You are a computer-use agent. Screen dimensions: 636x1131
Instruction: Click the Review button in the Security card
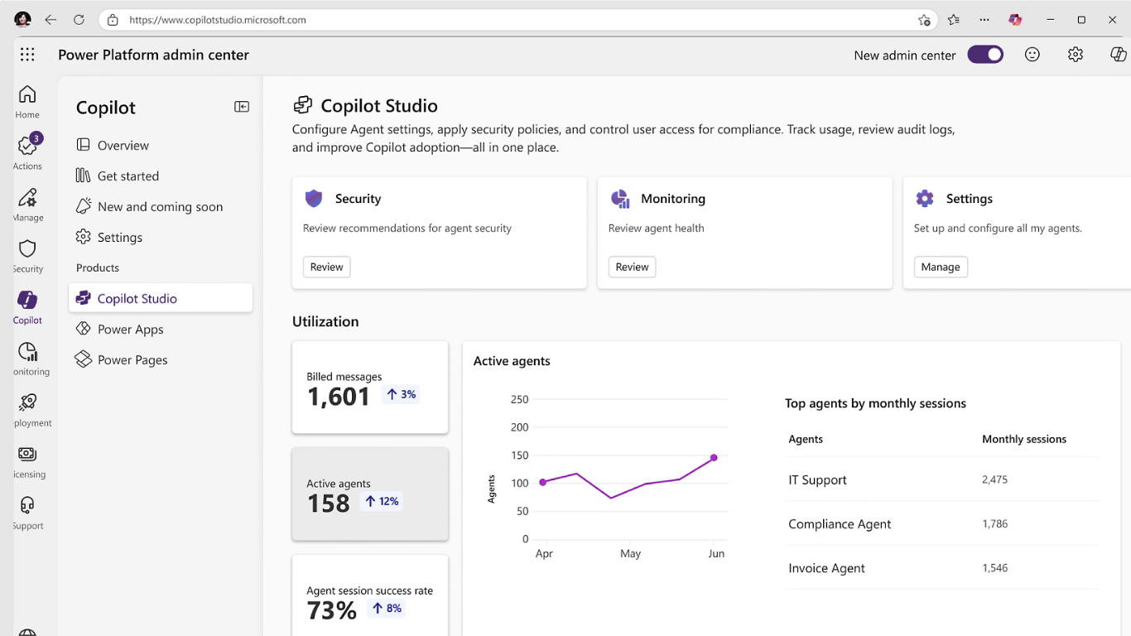326,267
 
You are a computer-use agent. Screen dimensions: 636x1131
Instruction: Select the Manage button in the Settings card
941,267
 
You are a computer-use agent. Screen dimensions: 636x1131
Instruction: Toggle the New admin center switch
985,55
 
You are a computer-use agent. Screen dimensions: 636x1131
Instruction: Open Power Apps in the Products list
130,329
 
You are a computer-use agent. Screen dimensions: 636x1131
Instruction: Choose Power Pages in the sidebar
132,359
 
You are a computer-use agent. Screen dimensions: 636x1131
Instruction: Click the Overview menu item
123,145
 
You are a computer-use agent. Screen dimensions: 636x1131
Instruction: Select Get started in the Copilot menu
128,176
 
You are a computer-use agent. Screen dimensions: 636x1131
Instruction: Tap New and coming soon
160,206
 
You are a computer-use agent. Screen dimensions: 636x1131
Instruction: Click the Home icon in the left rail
27,94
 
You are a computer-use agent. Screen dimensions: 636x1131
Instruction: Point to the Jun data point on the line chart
714,457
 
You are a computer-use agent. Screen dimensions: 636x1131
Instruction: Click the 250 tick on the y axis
519,399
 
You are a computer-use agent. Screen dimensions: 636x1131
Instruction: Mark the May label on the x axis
630,553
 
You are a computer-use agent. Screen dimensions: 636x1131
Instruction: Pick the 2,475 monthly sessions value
994,479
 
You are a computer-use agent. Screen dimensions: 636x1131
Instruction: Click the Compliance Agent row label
840,523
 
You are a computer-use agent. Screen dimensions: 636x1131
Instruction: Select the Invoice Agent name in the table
826,568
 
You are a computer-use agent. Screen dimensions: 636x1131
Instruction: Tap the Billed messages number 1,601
339,397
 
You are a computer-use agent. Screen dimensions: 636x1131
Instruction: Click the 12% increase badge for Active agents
383,501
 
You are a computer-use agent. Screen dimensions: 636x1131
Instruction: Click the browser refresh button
79,20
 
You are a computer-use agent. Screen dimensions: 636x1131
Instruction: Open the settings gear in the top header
1075,55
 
